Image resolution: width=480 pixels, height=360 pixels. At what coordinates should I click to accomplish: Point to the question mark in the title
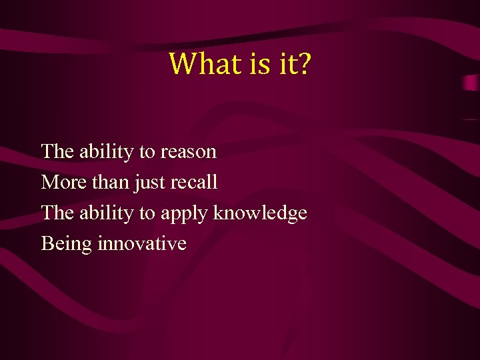(x=301, y=64)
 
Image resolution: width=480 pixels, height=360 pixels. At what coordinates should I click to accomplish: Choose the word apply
(x=184, y=213)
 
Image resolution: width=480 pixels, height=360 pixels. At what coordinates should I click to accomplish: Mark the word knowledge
(x=261, y=213)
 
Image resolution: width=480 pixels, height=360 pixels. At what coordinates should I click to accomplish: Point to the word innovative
(x=142, y=243)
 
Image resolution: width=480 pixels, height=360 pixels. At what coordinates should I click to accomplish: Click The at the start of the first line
(x=57, y=151)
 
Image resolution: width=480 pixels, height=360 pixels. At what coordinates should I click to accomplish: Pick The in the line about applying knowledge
(x=57, y=213)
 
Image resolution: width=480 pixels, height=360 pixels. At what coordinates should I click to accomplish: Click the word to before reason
(x=147, y=152)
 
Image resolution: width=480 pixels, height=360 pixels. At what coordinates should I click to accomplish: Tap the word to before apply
(x=147, y=213)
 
